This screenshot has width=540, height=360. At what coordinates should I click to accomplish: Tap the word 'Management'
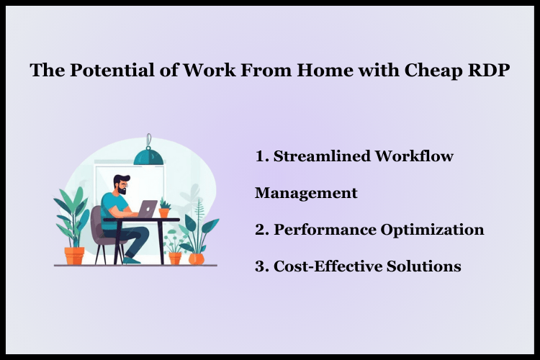click(306, 193)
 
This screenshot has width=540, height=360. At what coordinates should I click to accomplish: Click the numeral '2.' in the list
click(261, 230)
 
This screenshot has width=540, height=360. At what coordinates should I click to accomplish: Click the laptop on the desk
click(147, 209)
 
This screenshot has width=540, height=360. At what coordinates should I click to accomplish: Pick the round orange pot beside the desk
click(196, 257)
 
